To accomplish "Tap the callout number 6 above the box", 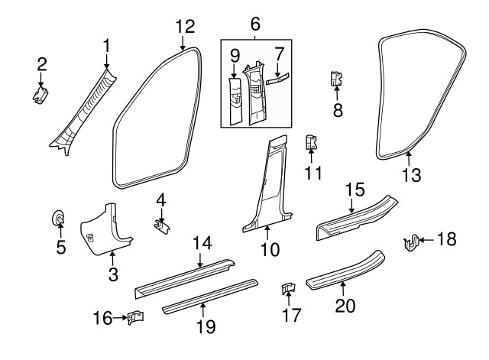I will [x=254, y=24].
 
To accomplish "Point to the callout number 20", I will [x=343, y=307].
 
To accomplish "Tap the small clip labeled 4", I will [x=162, y=226].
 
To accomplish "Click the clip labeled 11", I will [x=311, y=142].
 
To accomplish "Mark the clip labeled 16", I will [x=136, y=316].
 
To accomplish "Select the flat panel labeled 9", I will [x=235, y=99].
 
